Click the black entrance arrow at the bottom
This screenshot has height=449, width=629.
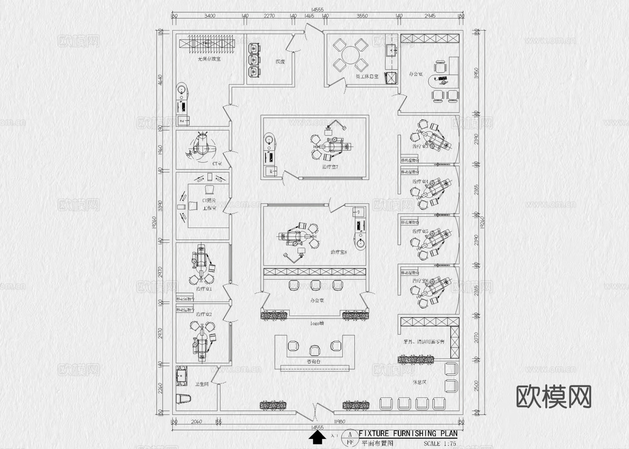click(x=317, y=437)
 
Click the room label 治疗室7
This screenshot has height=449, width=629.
click(x=330, y=167)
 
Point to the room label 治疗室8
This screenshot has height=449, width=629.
click(x=338, y=252)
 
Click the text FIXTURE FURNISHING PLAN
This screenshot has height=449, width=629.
click(x=408, y=434)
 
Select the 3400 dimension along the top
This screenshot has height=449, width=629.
click(x=210, y=16)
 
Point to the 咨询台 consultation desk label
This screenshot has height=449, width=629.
click(x=313, y=362)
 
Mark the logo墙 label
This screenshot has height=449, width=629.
click(x=317, y=324)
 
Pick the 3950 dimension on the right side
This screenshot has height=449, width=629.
click(x=476, y=73)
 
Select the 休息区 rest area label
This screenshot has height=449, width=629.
click(x=419, y=382)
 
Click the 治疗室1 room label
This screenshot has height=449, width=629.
click(x=204, y=289)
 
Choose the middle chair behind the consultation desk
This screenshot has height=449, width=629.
click(x=314, y=350)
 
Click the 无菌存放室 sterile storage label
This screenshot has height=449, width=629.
click(x=209, y=59)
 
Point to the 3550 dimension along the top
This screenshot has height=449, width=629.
click(x=362, y=16)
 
